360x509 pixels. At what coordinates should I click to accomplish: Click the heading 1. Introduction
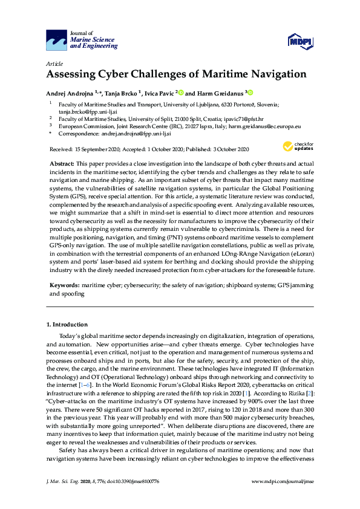pos(67,325)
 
